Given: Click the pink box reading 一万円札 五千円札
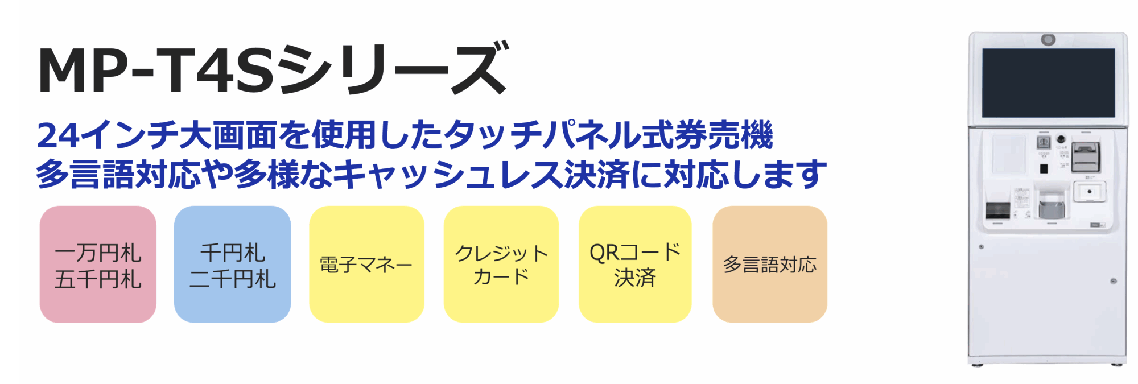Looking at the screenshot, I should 98,265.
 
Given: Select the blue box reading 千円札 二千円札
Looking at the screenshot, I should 232,265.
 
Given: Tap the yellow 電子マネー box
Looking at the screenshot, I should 366,265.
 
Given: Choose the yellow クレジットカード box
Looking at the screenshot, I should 501,265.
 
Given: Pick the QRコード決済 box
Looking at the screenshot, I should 635,265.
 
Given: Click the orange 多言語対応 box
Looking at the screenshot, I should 769,265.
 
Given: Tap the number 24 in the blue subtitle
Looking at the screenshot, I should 57,135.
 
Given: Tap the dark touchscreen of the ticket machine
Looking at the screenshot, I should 1048,82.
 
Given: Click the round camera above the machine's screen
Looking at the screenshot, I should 1048,40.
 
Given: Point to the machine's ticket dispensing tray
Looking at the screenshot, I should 1052,205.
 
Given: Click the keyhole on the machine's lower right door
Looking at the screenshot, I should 1113,281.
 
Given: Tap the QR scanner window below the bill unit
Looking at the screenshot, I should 1089,192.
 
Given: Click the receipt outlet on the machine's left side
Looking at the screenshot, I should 997,210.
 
